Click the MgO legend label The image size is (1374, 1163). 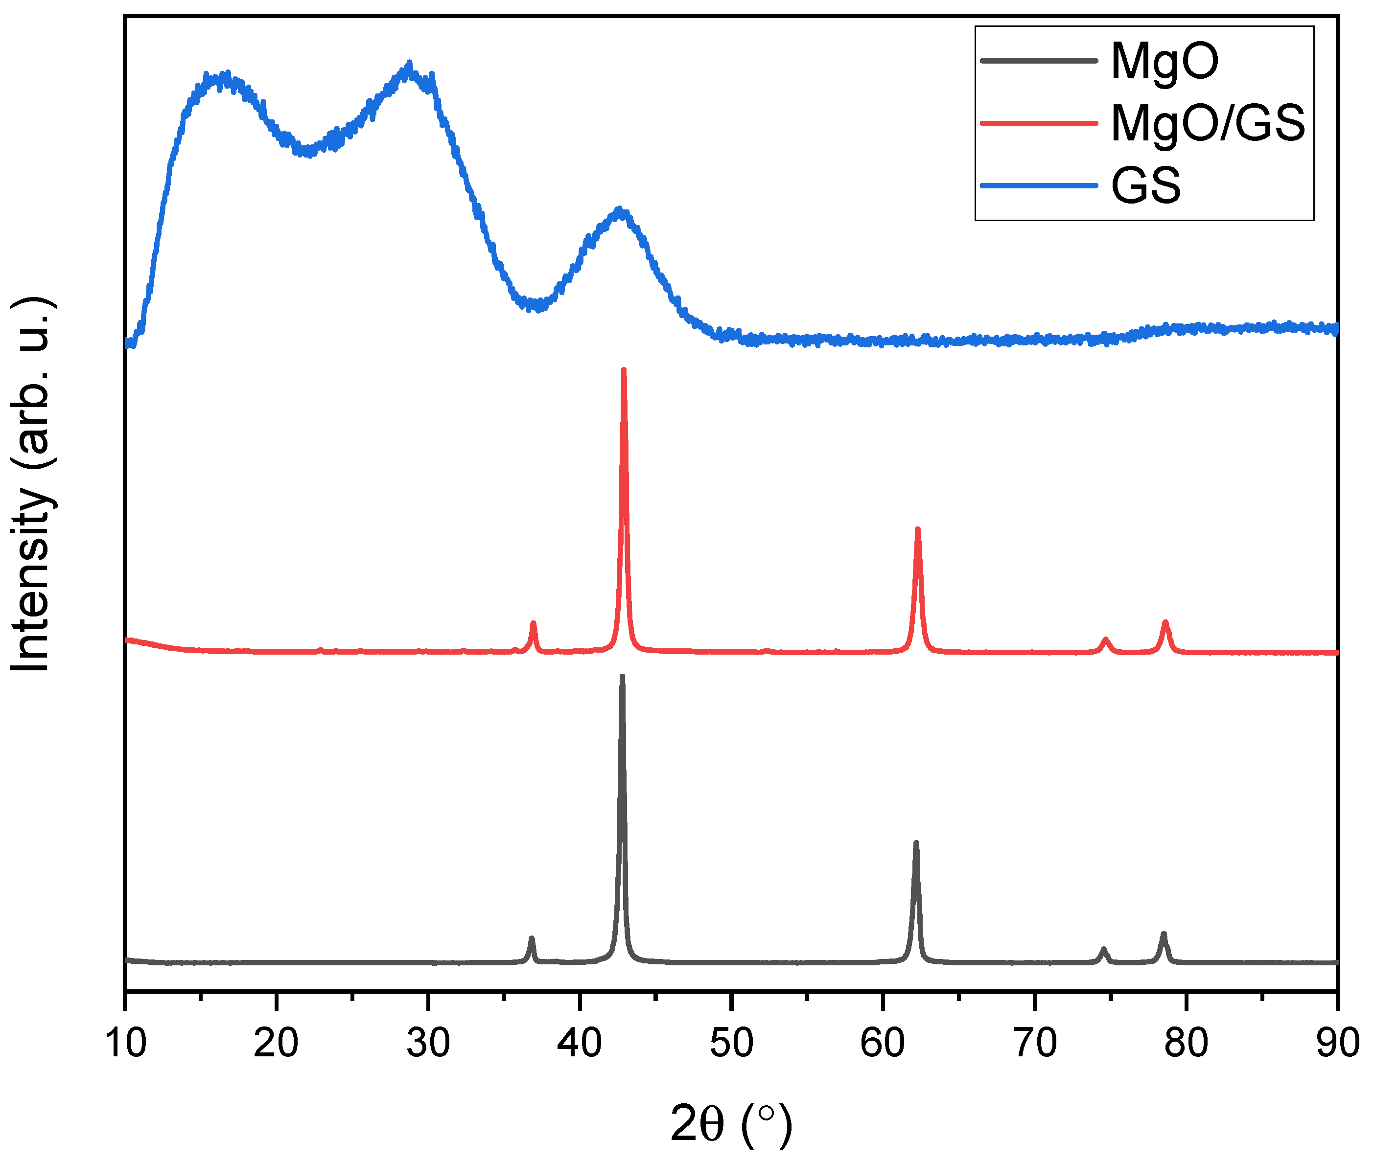[x=1164, y=61]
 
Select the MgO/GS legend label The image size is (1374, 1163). [x=1208, y=123]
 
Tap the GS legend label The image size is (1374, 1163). [x=1146, y=185]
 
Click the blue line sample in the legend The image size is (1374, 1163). [x=1039, y=185]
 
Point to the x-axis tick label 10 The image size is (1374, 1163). [x=125, y=1043]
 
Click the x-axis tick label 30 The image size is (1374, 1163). [x=428, y=1043]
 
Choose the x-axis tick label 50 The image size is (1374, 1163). [x=731, y=1043]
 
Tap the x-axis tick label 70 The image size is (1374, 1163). [x=1034, y=1043]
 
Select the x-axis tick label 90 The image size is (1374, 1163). [x=1338, y=1043]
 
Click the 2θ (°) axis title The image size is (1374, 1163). [x=731, y=1124]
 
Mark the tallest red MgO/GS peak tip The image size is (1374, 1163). [x=623, y=370]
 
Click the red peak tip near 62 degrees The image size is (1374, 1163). [x=917, y=529]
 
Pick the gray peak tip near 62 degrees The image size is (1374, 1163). [x=915, y=843]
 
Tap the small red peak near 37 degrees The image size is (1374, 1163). [x=533, y=623]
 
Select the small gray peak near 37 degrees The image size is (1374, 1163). [x=531, y=938]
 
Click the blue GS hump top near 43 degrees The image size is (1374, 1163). [x=619, y=210]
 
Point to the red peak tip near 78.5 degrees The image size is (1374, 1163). [x=1165, y=622]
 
